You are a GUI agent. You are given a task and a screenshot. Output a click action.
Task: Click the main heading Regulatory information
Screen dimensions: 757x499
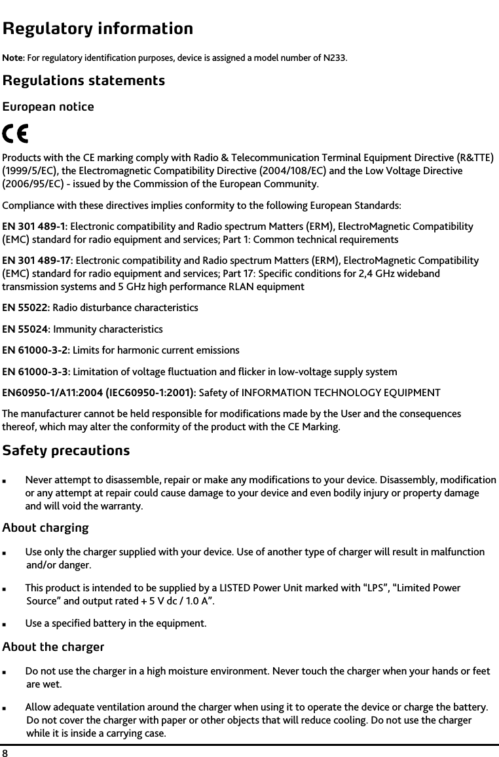coord(98,29)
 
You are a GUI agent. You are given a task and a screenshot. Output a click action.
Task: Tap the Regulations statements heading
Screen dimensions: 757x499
coord(83,81)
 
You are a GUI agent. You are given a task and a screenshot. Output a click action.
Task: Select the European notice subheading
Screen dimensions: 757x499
coord(48,107)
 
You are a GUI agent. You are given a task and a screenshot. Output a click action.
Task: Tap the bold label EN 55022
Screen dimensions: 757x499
coord(26,308)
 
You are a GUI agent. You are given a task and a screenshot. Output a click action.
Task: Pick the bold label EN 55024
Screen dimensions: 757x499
coord(26,329)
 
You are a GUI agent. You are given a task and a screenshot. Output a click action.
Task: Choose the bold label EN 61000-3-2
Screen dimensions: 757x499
coord(35,350)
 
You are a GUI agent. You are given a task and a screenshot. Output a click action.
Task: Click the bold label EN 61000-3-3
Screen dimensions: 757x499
coord(35,372)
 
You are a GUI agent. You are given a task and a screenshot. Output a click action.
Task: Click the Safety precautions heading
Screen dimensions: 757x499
coord(66,451)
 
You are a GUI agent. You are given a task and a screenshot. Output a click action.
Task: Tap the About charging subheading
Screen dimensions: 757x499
coord(45,528)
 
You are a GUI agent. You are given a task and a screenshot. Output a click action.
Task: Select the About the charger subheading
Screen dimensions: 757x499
coord(53,648)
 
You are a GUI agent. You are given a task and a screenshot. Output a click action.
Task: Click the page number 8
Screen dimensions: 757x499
coord(5,750)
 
